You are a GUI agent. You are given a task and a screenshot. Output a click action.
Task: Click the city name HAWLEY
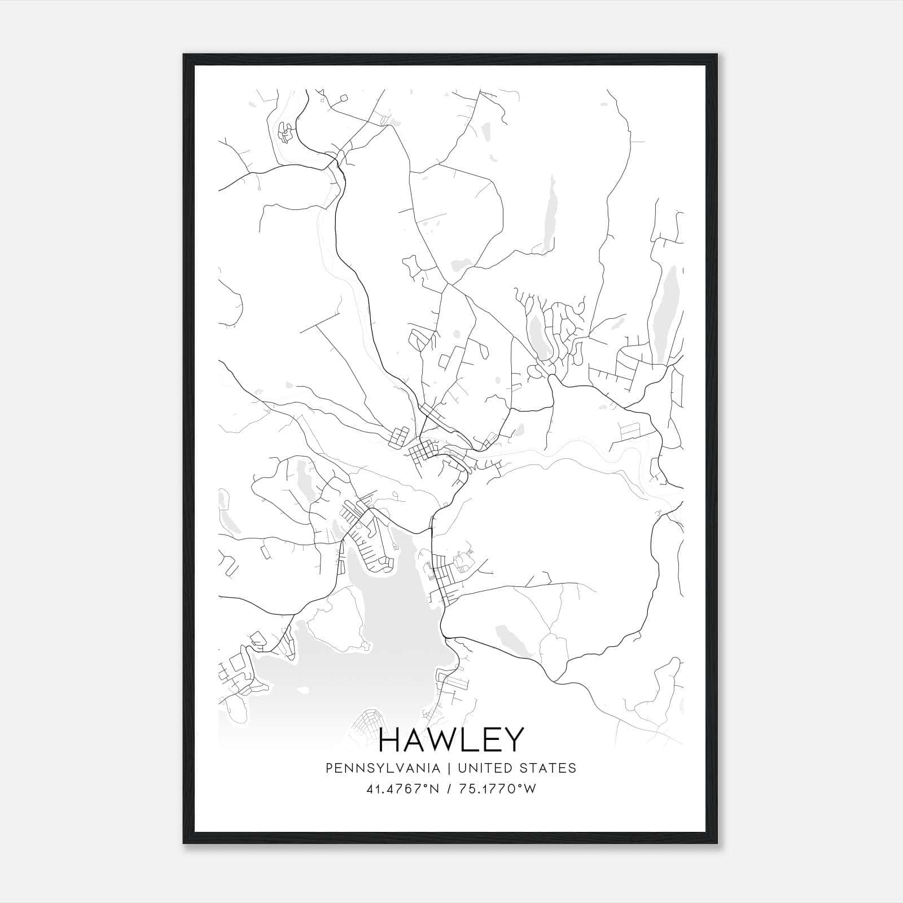pyautogui.click(x=451, y=740)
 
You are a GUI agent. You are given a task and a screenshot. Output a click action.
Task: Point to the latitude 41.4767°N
pyautogui.click(x=402, y=789)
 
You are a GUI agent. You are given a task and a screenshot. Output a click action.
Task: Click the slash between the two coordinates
pyautogui.click(x=449, y=789)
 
